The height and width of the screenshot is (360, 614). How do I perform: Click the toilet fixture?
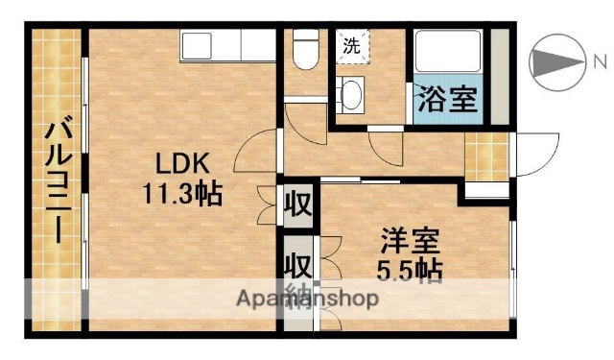point(305,49)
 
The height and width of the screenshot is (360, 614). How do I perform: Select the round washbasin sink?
point(350,94)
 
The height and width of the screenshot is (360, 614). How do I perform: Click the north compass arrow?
point(556,62)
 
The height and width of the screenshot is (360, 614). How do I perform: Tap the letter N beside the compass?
point(599,62)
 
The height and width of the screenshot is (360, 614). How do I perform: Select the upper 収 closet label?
point(298,204)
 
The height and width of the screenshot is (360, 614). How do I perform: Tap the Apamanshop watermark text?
point(307,298)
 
